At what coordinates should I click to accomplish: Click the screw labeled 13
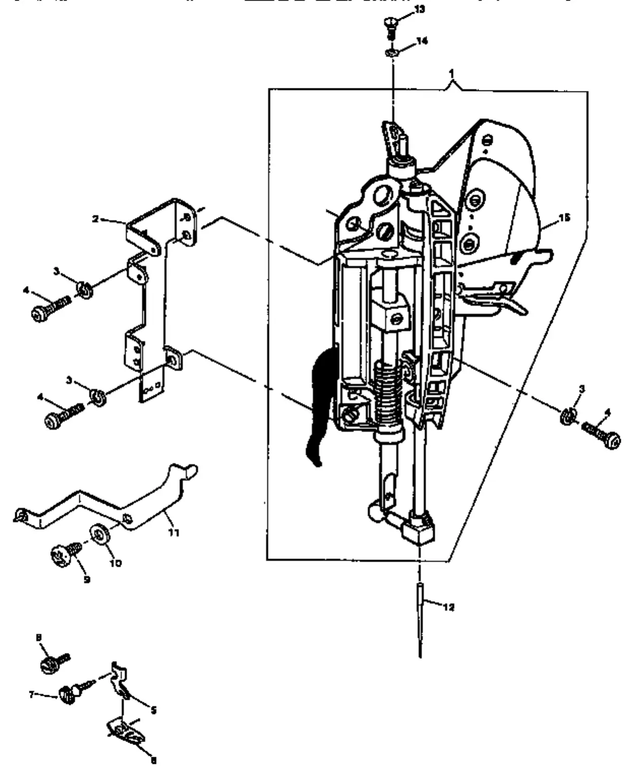[x=390, y=27]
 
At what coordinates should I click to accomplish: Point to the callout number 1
[x=452, y=73]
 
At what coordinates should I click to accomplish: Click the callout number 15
[x=564, y=217]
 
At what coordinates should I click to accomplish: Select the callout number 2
[x=95, y=219]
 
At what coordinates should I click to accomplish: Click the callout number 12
[x=449, y=606]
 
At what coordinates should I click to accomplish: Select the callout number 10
[x=116, y=563]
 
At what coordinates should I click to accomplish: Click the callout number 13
[x=420, y=10]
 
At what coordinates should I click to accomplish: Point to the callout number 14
[x=422, y=41]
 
